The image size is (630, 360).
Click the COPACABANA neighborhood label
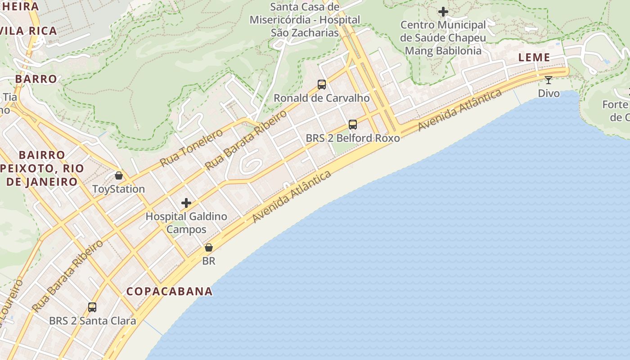(x=169, y=291)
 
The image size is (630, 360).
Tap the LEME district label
(x=534, y=57)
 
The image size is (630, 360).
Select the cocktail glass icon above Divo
(x=548, y=80)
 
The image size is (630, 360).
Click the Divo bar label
(x=549, y=94)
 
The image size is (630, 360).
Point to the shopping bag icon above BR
(x=208, y=247)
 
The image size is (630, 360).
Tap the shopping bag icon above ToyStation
(x=119, y=175)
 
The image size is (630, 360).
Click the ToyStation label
(x=118, y=189)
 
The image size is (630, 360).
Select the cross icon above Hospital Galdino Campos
(x=186, y=203)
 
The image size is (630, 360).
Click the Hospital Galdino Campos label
(x=186, y=223)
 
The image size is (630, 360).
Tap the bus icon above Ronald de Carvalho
(x=322, y=84)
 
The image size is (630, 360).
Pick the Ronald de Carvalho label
(x=322, y=98)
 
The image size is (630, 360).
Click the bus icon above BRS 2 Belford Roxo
(x=353, y=124)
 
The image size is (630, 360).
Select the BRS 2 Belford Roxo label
(x=353, y=138)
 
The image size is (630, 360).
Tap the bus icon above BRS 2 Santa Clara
(x=92, y=307)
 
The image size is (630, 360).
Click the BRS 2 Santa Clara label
(x=93, y=321)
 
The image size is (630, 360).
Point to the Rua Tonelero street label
(x=191, y=148)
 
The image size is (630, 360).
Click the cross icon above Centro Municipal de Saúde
(x=443, y=12)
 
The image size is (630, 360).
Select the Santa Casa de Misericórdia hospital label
(x=305, y=20)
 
